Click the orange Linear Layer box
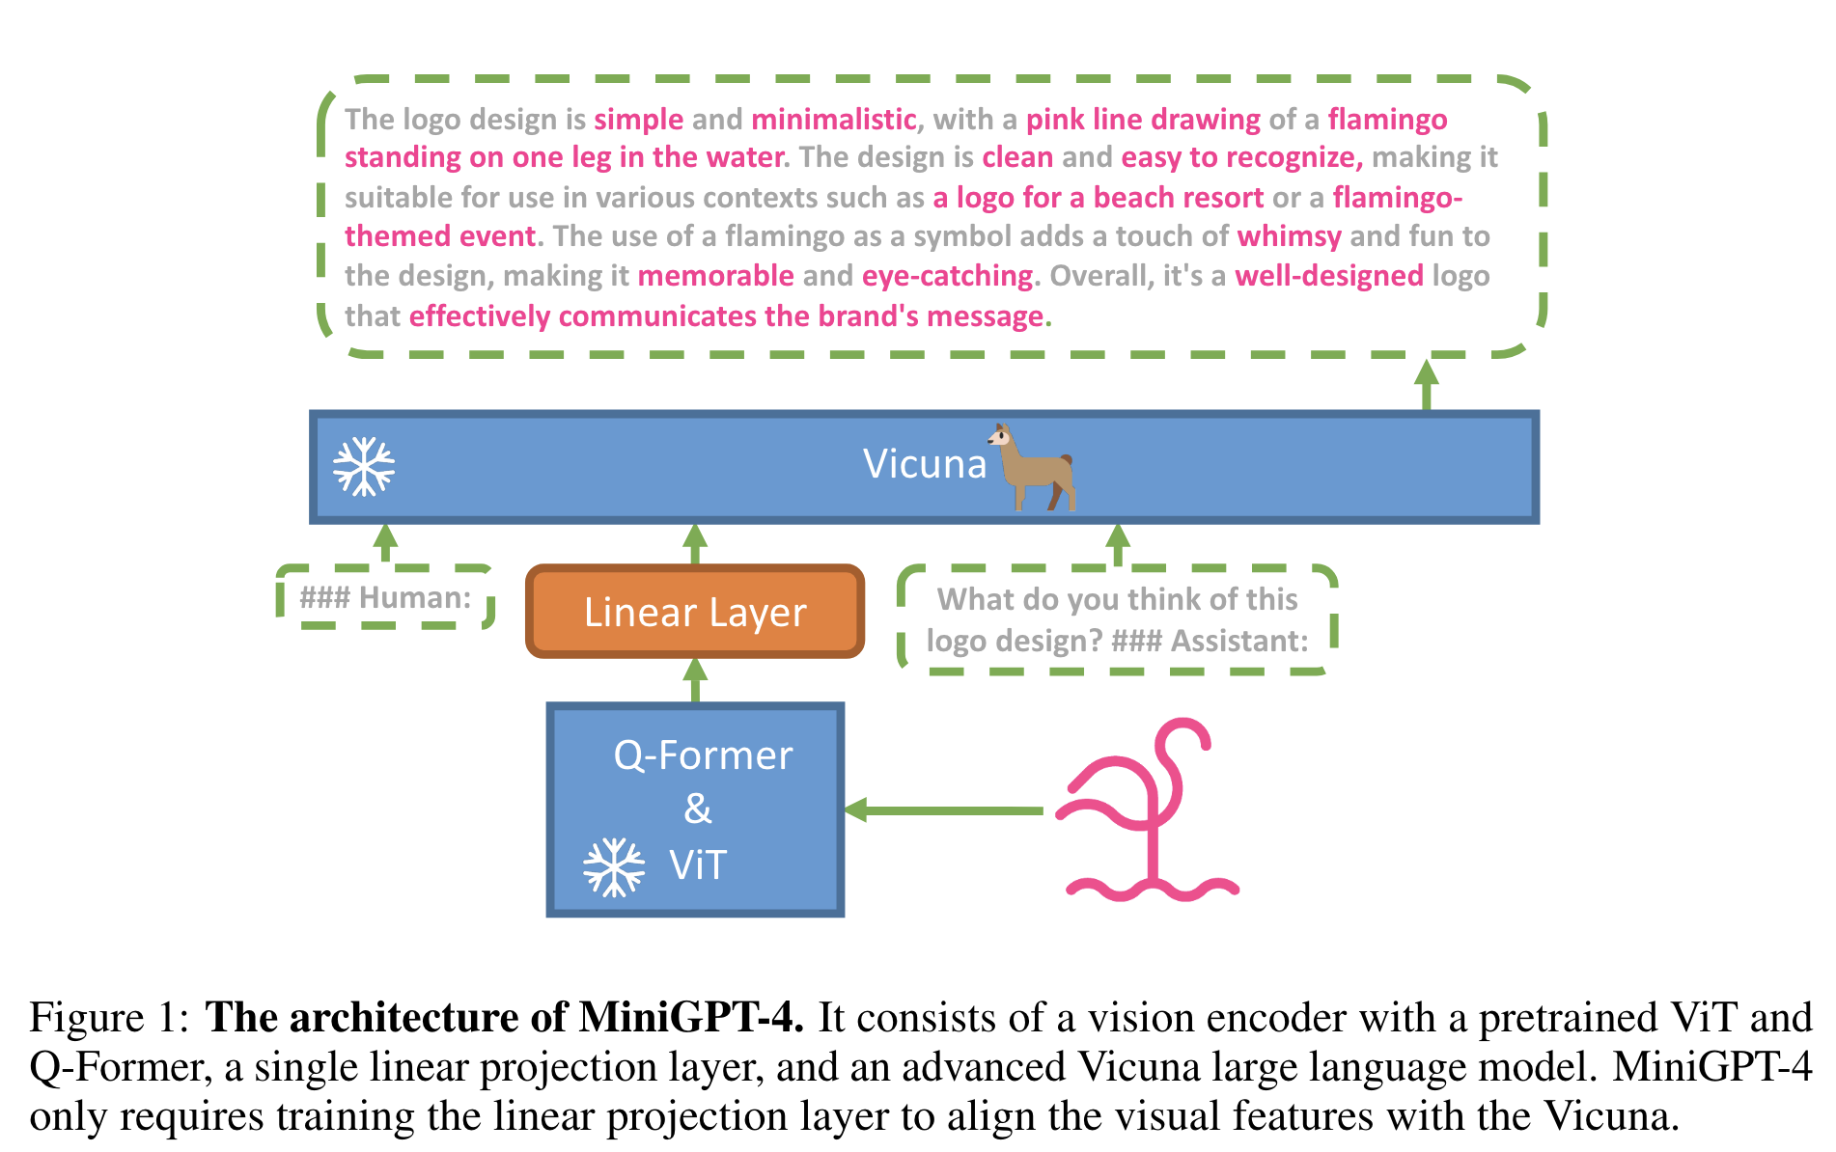(x=695, y=612)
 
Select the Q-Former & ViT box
(x=695, y=809)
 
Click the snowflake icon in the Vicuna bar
(x=364, y=467)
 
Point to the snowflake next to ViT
(x=614, y=866)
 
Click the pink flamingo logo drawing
(x=1149, y=810)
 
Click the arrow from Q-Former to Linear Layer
(x=695, y=681)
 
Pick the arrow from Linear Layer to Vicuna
(x=695, y=544)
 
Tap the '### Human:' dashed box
(x=386, y=598)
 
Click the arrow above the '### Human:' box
(x=386, y=544)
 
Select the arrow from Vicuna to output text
(x=1426, y=385)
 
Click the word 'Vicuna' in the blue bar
(x=925, y=465)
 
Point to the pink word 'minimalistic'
(x=833, y=120)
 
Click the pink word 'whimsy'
(x=1289, y=236)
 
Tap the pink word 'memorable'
(x=715, y=276)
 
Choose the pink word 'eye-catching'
(x=947, y=276)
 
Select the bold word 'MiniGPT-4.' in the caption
(x=691, y=1019)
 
